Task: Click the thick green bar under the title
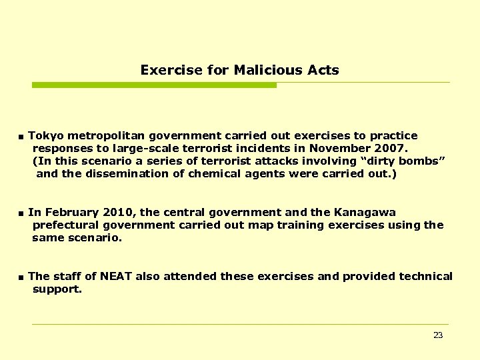click(154, 85)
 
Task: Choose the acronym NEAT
click(121, 277)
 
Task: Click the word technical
click(426, 277)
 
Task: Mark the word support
click(57, 290)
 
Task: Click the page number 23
click(438, 335)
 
